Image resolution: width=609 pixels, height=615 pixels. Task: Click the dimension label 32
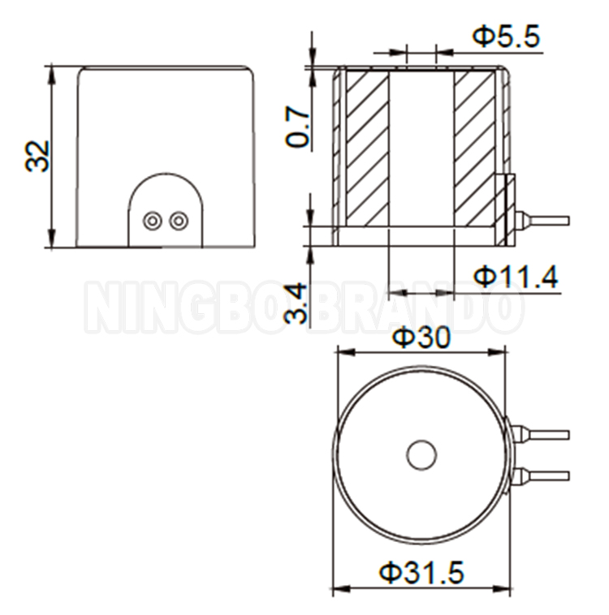click(x=37, y=156)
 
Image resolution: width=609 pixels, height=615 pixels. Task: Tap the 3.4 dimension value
click(x=298, y=303)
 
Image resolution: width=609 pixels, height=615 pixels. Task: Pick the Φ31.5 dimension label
click(x=421, y=573)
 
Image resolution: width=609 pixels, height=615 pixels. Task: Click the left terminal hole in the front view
click(x=151, y=220)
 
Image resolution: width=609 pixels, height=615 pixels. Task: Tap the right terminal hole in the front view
click(x=178, y=220)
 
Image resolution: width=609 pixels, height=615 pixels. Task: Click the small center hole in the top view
click(x=421, y=455)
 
